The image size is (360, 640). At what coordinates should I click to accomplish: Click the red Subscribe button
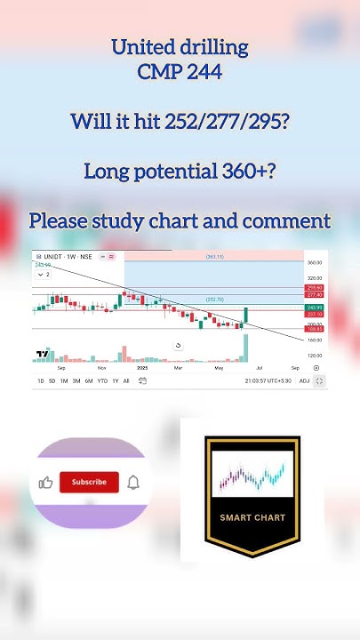pyautogui.click(x=89, y=482)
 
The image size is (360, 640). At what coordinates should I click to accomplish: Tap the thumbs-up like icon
pyautogui.click(x=45, y=483)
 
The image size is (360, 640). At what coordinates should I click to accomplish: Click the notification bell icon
pyautogui.click(x=133, y=483)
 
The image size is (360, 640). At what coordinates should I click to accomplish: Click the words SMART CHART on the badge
pyautogui.click(x=253, y=516)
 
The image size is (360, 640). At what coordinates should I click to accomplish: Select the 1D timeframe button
pyautogui.click(x=40, y=380)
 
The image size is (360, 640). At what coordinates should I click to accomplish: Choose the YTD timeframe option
pyautogui.click(x=102, y=380)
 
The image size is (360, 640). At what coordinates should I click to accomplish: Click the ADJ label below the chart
pyautogui.click(x=304, y=380)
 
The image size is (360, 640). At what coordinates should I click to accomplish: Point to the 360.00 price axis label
pyautogui.click(x=314, y=263)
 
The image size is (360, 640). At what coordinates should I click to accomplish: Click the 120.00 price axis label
pyautogui.click(x=314, y=356)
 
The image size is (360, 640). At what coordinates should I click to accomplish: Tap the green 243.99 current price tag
pyautogui.click(x=314, y=307)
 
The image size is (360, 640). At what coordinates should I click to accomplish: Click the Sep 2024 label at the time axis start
pyautogui.click(x=60, y=367)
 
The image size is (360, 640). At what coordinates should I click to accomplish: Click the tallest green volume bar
pyautogui.click(x=244, y=347)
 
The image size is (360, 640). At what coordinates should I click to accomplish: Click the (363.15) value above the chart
pyautogui.click(x=214, y=256)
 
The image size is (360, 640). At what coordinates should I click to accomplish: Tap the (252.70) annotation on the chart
pyautogui.click(x=214, y=300)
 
